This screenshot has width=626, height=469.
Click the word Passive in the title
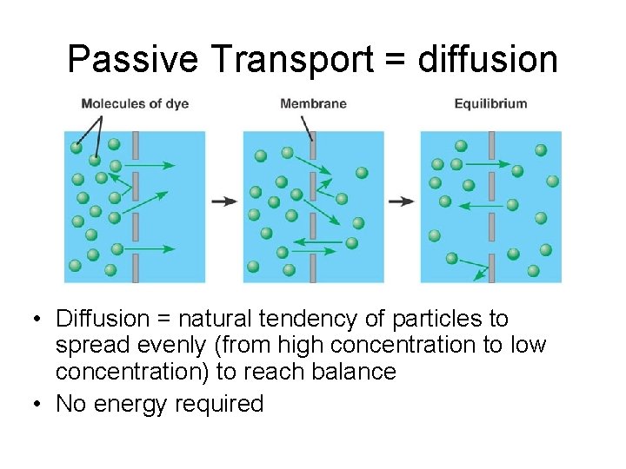coord(133,59)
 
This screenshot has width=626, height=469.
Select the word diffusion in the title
coord(487,59)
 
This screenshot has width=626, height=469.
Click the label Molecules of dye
coord(135,104)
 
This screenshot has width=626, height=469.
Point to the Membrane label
coord(313,104)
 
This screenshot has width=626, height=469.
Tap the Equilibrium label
coord(490,104)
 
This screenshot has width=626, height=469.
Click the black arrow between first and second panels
coord(224,201)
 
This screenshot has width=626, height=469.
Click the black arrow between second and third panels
coord(402,201)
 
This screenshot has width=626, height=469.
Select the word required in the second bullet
coord(219,404)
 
